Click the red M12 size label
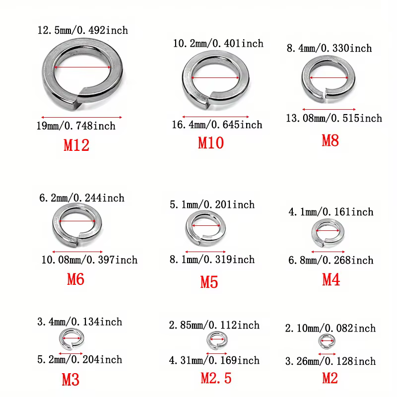pos(76,145)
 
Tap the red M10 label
pos(211,143)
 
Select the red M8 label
pos(330,140)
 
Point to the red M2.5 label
pos(216,378)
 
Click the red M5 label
pos(209,282)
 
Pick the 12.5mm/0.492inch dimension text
pos(82,30)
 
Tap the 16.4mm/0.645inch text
pos(217,124)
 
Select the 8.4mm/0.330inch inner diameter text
pos(329,48)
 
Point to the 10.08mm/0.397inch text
pos(88,260)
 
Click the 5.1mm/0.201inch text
pos(212,204)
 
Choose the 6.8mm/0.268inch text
pos(331,260)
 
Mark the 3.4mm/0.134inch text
pos(79,322)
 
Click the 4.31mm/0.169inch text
pos(214,360)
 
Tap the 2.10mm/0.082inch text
pos(330,328)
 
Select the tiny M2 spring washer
pos(326,340)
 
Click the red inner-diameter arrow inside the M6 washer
pos(77,221)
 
